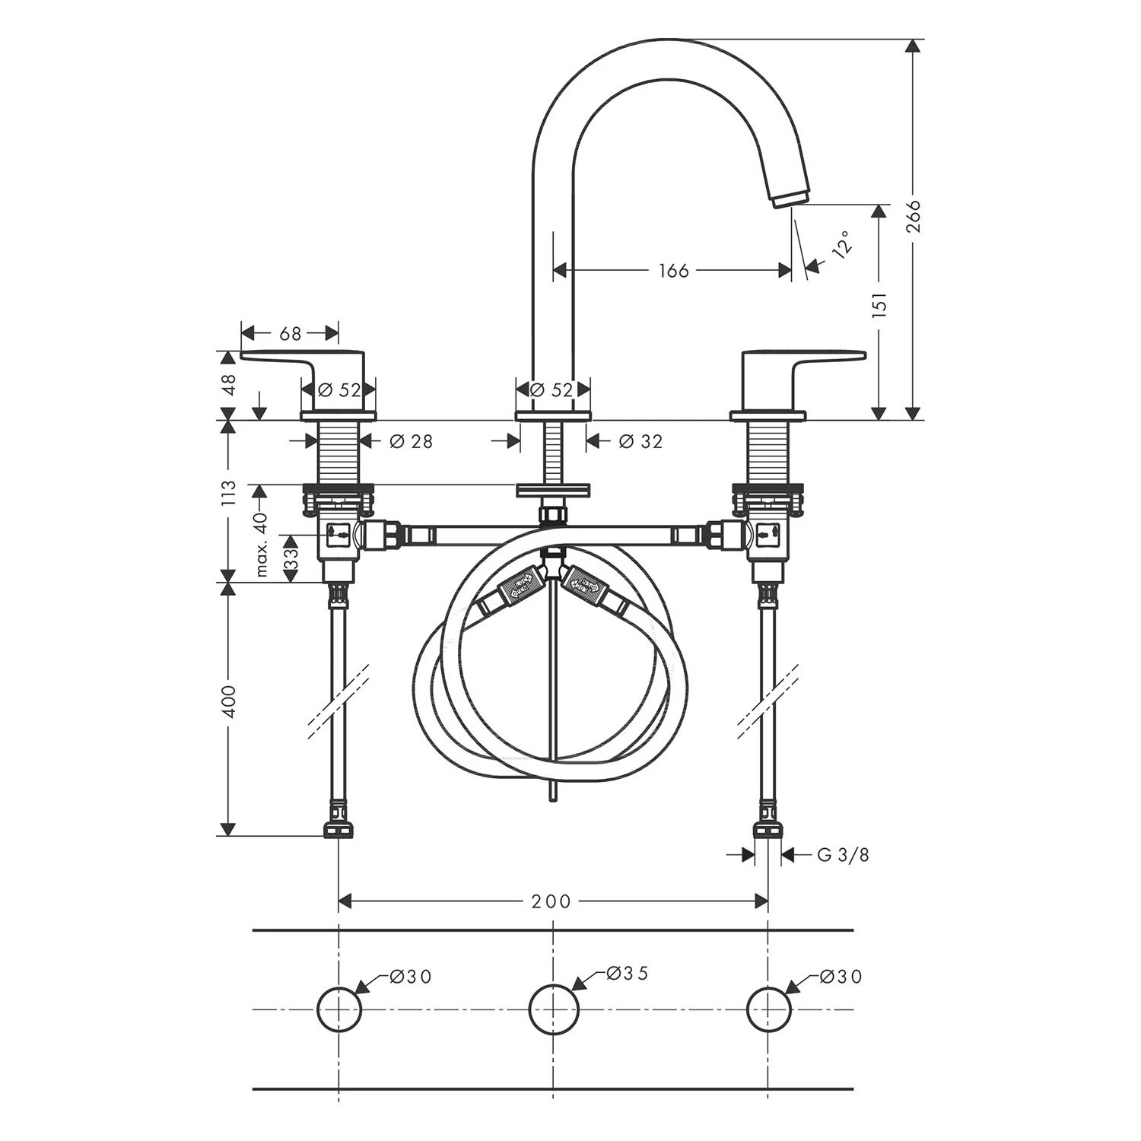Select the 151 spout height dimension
point(880,305)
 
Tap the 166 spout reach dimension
point(673,270)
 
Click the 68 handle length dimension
point(290,333)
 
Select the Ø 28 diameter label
point(411,441)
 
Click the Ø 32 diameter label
point(640,441)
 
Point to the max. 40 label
point(262,545)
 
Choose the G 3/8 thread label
point(843,855)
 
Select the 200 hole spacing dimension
point(551,901)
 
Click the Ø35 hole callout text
point(628,973)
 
